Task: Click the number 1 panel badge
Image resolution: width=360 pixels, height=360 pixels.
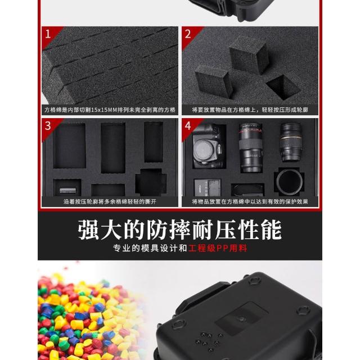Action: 48,34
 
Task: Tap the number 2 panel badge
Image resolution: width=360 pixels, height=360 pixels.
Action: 188,34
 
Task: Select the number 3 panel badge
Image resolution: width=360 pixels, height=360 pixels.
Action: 48,126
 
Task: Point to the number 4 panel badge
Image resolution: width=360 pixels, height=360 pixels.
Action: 188,126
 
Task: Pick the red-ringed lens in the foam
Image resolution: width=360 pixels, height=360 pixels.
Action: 251,147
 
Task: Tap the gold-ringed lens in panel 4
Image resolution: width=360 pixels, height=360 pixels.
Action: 291,142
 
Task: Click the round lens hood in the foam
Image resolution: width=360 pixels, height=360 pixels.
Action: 289,182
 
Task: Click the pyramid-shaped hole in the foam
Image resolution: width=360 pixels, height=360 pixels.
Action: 283,87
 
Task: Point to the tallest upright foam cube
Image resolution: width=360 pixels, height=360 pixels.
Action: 249,55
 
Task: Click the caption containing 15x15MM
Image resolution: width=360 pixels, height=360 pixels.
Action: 110,110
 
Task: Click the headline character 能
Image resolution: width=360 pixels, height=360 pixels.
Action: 271,230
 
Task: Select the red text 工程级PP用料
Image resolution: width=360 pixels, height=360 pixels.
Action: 218,248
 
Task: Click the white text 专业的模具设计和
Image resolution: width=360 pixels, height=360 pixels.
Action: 150,248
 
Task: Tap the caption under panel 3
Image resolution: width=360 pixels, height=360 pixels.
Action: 110,202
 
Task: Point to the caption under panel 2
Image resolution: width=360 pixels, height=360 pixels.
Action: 250,110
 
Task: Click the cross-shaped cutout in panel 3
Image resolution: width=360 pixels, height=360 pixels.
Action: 151,182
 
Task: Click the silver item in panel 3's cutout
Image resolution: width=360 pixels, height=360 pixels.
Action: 67,190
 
